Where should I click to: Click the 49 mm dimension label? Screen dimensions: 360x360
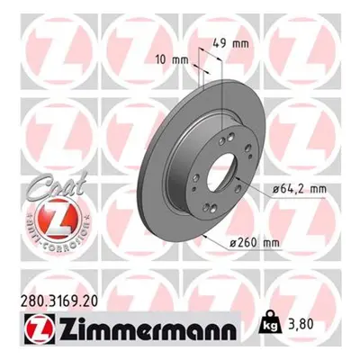point(230,44)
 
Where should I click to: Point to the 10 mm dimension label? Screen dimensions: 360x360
point(172,60)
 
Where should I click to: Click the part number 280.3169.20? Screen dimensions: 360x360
point(59,301)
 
